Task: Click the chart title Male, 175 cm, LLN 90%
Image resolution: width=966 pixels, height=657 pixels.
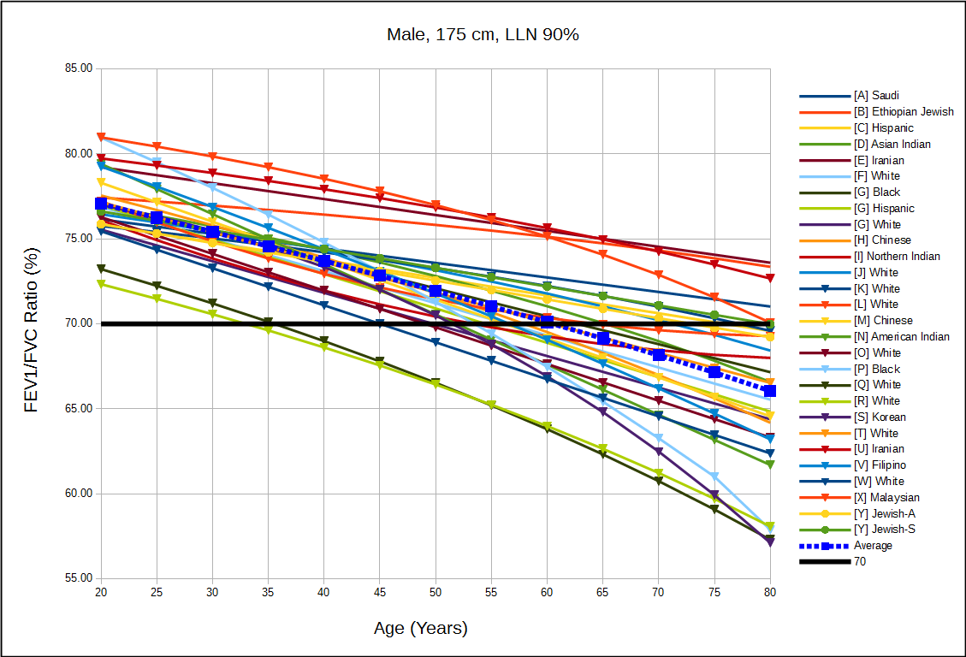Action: pyautogui.click(x=484, y=35)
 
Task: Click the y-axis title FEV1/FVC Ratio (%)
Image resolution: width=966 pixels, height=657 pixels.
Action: pyautogui.click(x=32, y=323)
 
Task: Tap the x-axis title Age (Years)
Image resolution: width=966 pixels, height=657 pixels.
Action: pyautogui.click(x=421, y=628)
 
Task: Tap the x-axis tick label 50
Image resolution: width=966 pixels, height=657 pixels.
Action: pyautogui.click(x=436, y=592)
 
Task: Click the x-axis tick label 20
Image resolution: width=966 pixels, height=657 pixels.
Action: pyautogui.click(x=101, y=592)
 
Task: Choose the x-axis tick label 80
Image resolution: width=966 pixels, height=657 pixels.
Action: pyautogui.click(x=770, y=592)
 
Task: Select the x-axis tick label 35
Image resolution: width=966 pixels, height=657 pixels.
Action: pyautogui.click(x=269, y=592)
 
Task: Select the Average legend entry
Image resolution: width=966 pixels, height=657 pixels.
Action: pyautogui.click(x=872, y=546)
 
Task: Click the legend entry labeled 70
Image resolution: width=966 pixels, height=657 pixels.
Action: pyautogui.click(x=859, y=562)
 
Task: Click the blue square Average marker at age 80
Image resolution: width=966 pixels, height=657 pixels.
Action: pyautogui.click(x=770, y=391)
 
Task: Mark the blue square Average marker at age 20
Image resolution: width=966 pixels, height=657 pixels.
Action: pyautogui.click(x=101, y=204)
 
